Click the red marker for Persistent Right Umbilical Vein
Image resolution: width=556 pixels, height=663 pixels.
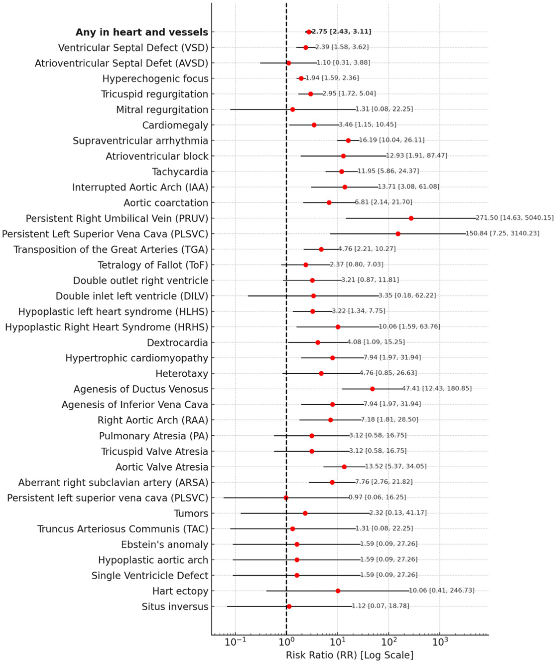click(x=411, y=218)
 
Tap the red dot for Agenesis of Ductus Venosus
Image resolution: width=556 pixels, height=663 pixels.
click(x=372, y=389)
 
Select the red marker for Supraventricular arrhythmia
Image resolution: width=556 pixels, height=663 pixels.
click(x=348, y=141)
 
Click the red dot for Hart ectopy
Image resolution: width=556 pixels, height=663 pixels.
click(x=338, y=591)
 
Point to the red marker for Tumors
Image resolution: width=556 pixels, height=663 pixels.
click(x=305, y=513)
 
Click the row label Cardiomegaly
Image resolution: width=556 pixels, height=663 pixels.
click(x=175, y=125)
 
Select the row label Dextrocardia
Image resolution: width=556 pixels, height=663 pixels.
click(x=177, y=343)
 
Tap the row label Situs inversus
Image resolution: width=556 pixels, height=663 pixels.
click(x=175, y=606)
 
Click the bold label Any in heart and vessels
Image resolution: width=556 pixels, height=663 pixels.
click(x=142, y=32)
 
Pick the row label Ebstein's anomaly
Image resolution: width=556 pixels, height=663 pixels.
click(x=164, y=544)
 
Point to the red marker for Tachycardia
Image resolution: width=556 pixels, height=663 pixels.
click(x=341, y=171)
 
